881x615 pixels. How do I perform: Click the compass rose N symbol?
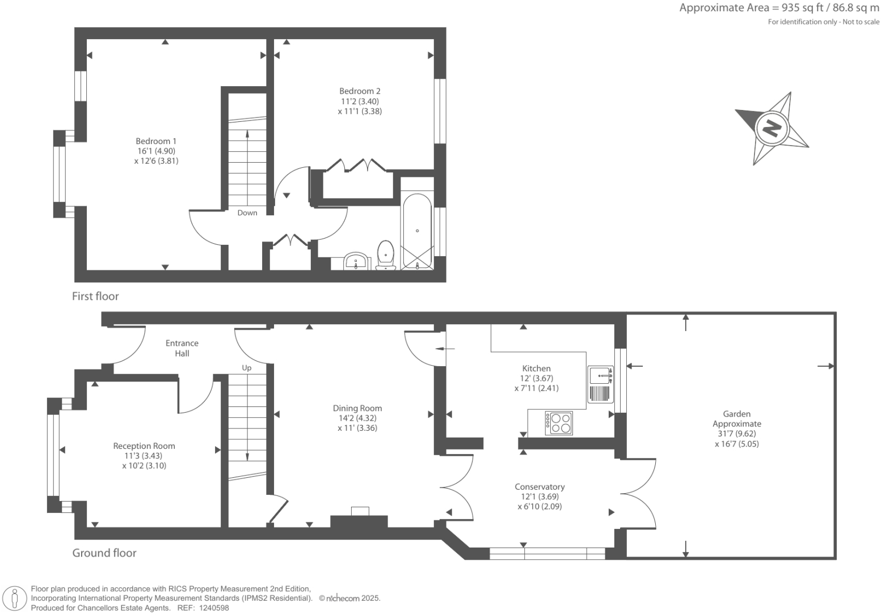[x=772, y=128]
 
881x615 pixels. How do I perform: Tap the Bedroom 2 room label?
[x=360, y=91]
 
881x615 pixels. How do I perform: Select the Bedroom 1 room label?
[x=156, y=141]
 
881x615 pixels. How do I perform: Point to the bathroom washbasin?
[x=356, y=261]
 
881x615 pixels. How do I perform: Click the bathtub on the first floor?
[x=417, y=231]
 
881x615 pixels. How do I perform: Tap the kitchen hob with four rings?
[x=559, y=423]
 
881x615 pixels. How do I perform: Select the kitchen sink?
[x=600, y=375]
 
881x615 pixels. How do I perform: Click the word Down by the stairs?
[x=247, y=213]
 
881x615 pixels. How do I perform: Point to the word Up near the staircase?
[x=247, y=368]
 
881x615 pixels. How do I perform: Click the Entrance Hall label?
[x=182, y=348]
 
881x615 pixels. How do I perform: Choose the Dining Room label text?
[x=357, y=408]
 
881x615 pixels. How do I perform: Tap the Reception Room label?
[x=144, y=446]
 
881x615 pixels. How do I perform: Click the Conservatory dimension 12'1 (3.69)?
[x=539, y=497]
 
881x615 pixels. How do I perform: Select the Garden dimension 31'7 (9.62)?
[x=736, y=434]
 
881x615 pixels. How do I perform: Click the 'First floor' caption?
[x=95, y=296]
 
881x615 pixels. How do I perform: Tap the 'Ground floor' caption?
[x=104, y=553]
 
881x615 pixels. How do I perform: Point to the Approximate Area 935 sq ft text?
[x=779, y=8]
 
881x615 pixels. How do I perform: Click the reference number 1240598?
[x=211, y=608]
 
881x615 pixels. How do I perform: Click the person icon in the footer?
[x=15, y=599]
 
